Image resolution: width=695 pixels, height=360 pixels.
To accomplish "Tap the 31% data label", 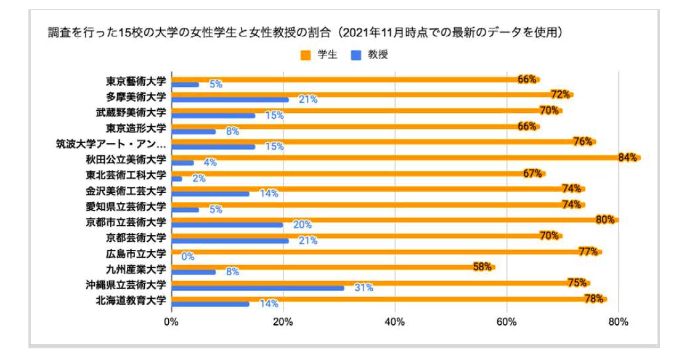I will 364,288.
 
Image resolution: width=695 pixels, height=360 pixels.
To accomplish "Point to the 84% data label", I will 627,158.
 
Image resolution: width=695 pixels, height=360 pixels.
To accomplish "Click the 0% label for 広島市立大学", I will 188,256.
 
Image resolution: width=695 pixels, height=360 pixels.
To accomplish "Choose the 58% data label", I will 482,267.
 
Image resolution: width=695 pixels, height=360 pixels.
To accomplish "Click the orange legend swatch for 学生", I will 305,55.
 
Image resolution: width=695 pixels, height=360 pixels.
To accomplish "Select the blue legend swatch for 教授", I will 356,55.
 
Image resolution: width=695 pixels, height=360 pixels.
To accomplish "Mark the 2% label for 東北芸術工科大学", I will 198,179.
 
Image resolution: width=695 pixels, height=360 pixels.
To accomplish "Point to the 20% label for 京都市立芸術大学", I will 302,225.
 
